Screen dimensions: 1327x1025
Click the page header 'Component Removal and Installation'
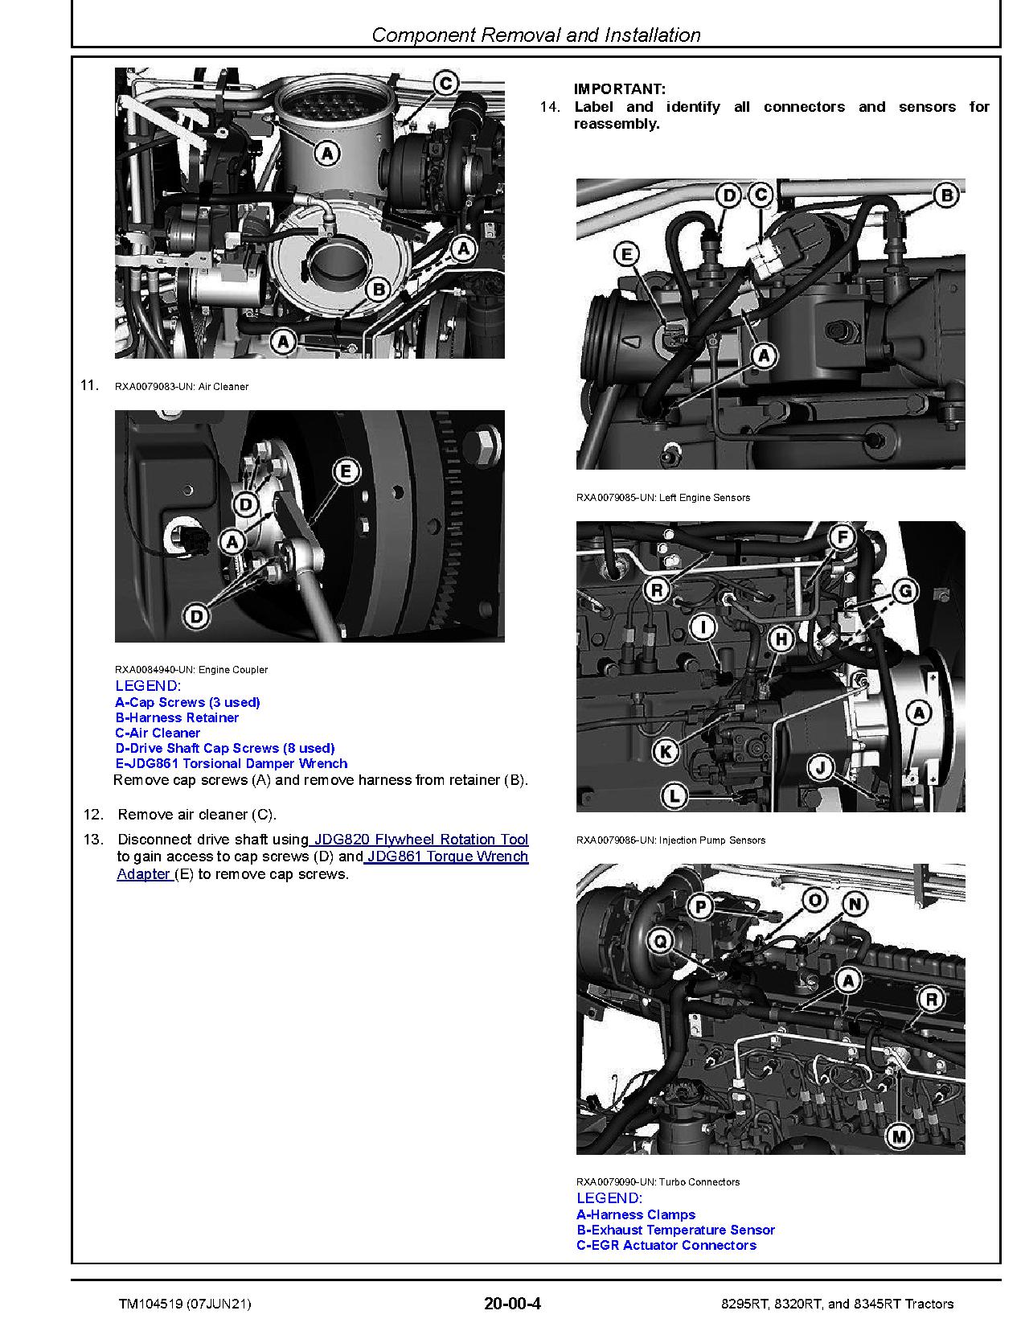[x=536, y=35]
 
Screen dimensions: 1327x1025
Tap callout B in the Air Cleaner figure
[x=377, y=290]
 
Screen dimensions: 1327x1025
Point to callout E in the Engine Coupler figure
[x=346, y=471]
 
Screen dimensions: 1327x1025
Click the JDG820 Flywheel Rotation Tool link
[x=419, y=840]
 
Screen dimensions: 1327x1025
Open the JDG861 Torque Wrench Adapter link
[x=446, y=857]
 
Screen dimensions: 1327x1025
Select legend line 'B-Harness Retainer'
[x=177, y=717]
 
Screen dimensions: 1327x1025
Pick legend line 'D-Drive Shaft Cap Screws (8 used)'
[x=224, y=748]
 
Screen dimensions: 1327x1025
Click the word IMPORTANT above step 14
[x=619, y=89]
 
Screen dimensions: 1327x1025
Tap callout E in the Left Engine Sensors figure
[x=625, y=255]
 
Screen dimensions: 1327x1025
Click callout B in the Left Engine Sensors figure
[x=946, y=195]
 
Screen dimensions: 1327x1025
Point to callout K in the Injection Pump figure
[x=664, y=752]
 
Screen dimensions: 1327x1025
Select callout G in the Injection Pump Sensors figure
[x=905, y=592]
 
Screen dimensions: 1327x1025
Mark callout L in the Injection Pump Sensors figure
[x=674, y=796]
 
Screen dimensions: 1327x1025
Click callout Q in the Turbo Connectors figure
[x=660, y=940]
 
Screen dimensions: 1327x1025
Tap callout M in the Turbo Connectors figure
[x=899, y=1136]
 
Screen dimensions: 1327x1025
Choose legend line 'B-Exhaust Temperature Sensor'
[x=675, y=1230]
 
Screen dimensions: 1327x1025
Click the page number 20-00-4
[x=512, y=1304]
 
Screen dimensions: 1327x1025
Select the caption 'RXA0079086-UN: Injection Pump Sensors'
[x=670, y=840]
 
